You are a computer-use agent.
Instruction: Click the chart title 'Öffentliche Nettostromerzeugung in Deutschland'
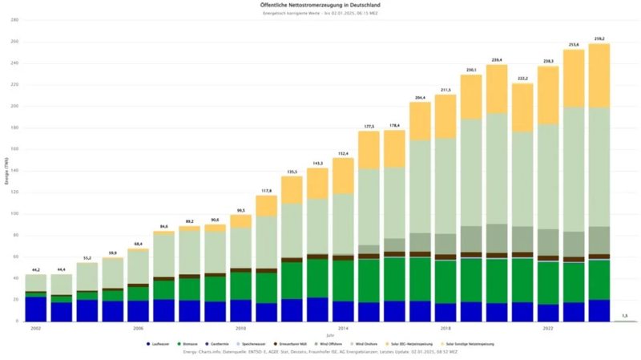(320, 6)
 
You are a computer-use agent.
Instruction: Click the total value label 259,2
(600, 38)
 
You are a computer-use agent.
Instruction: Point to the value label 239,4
(497, 60)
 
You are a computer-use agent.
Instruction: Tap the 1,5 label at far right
(624, 316)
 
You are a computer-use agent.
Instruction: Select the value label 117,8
(266, 191)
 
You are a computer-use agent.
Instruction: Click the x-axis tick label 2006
(139, 329)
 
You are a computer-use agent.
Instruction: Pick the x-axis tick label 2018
(445, 329)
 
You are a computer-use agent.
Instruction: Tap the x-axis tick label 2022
(548, 329)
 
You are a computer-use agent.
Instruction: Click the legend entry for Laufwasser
(159, 344)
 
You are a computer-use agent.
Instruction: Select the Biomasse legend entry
(190, 344)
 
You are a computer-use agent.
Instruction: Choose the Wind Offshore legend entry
(329, 344)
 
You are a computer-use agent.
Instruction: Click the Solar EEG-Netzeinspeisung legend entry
(407, 344)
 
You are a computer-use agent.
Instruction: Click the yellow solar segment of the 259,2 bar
(599, 76)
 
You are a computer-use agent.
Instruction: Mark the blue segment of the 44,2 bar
(36, 309)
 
